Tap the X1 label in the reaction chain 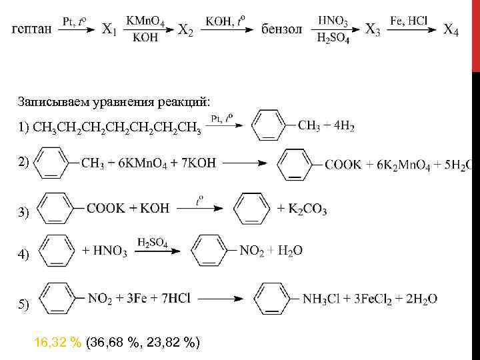click(x=110, y=30)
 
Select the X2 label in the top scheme click(x=186, y=30)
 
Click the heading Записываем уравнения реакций click(x=114, y=101)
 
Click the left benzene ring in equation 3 click(x=60, y=209)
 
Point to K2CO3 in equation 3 click(x=306, y=209)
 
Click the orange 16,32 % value click(x=58, y=343)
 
